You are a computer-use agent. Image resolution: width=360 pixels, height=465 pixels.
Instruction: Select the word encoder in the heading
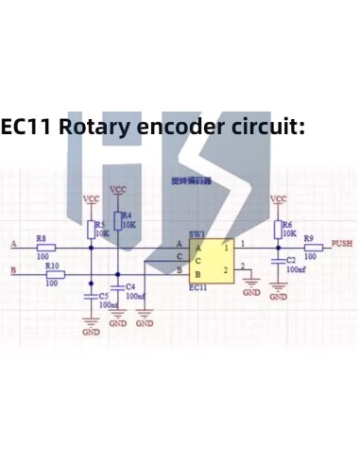(x=188, y=127)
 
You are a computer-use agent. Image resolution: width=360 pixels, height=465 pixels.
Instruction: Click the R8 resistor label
(x=41, y=238)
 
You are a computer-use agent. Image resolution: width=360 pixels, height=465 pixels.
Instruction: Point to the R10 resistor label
(x=53, y=266)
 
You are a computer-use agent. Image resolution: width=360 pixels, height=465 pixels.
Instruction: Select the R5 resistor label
(x=100, y=225)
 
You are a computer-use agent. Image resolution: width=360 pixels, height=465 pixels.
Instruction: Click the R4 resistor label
(x=128, y=215)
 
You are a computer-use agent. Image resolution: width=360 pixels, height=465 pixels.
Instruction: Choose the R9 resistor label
(x=309, y=239)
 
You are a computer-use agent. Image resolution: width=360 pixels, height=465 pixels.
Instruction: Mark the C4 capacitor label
(x=130, y=285)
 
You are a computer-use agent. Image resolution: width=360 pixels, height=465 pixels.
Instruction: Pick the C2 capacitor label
(x=291, y=259)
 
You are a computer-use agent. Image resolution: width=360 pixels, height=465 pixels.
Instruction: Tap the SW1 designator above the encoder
(x=197, y=233)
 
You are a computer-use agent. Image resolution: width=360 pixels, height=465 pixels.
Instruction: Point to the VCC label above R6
(x=278, y=199)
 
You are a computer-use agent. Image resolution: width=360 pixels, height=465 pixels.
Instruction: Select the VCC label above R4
(x=118, y=190)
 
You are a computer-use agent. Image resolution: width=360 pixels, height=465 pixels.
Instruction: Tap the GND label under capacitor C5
(x=91, y=333)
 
